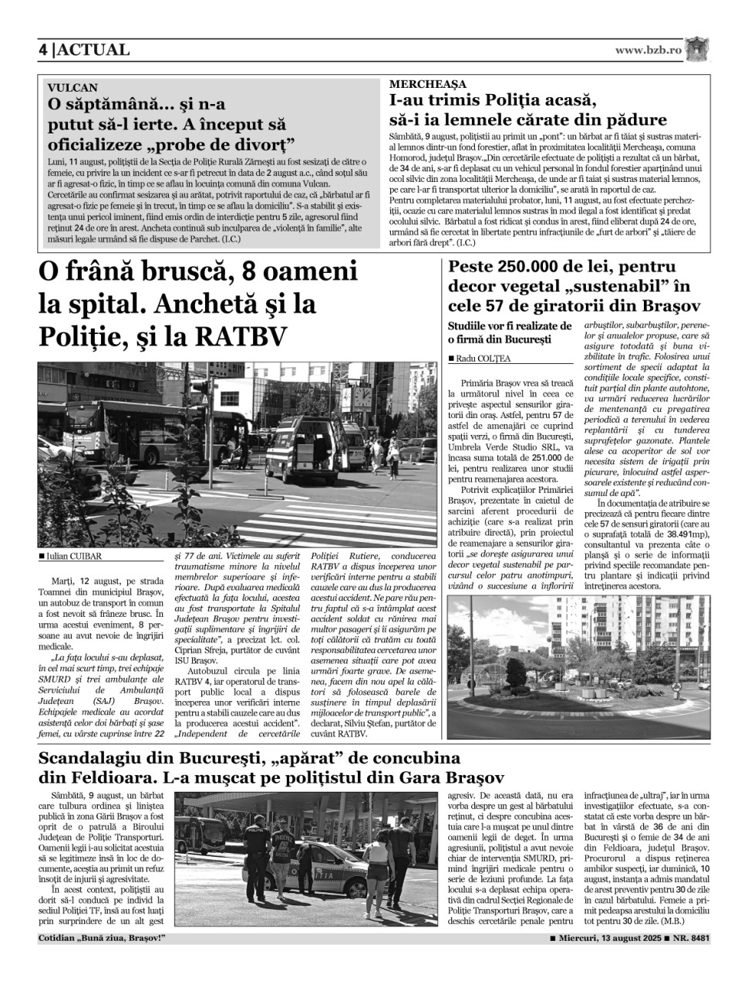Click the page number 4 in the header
43,50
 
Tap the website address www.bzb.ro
649,50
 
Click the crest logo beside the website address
698,49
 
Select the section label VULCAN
72,88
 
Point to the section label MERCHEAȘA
427,84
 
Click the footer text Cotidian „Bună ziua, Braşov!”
102,939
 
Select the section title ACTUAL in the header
93,50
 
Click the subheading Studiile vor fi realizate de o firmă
509,332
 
